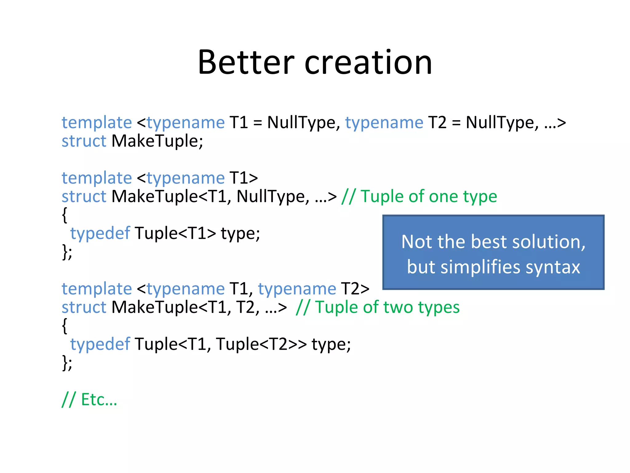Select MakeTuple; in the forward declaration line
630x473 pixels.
point(157,141)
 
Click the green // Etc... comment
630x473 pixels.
point(90,400)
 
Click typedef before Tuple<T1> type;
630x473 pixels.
point(100,233)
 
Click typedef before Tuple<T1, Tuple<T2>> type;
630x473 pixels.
point(100,344)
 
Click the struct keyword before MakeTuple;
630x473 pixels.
point(84,141)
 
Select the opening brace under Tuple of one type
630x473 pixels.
point(64,215)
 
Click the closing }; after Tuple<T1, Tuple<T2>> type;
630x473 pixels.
point(67,362)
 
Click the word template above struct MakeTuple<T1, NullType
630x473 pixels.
point(97,178)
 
